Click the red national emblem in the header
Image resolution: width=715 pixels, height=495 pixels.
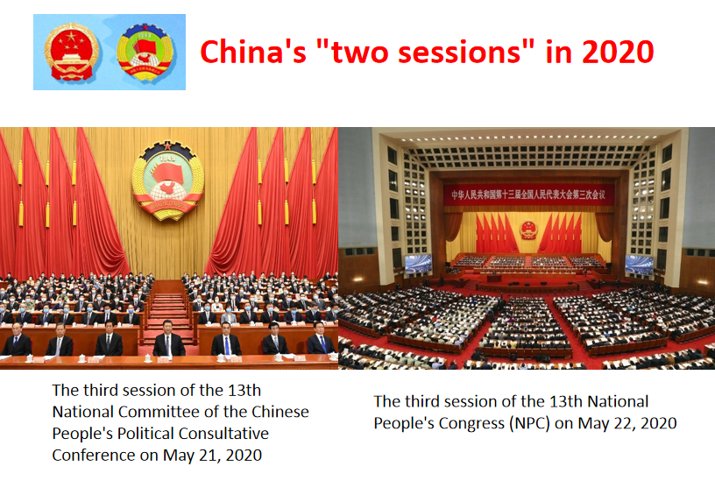point(71,52)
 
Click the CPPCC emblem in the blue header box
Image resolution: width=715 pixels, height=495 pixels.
point(145,52)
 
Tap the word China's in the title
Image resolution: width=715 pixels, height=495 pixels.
point(253,52)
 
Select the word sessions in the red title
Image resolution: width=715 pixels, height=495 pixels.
point(459,52)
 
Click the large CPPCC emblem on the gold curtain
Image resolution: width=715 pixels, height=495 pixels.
point(168,180)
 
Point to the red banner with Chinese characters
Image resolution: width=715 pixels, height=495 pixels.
point(528,194)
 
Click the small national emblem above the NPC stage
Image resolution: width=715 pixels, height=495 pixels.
point(528,230)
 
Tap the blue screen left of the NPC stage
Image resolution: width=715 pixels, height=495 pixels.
point(418,264)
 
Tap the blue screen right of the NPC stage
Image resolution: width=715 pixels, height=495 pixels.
point(639,265)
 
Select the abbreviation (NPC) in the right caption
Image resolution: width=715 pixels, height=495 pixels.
point(527,423)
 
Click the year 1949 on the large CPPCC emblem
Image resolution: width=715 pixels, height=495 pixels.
point(167,159)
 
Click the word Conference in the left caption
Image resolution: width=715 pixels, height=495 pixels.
point(94,455)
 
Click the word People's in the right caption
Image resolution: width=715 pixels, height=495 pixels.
point(404,423)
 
